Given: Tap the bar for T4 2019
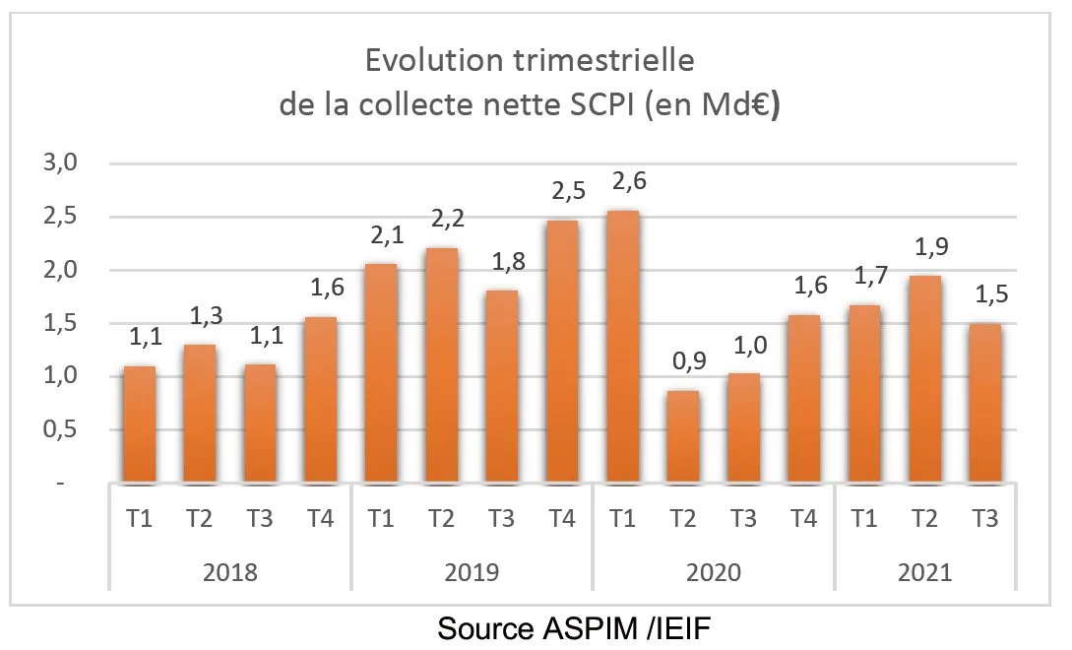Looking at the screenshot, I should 561,352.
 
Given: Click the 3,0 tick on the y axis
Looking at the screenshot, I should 60,163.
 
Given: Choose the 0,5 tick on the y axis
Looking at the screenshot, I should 60,430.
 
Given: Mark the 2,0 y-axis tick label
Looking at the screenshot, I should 60,271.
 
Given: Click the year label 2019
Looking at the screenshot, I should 472,572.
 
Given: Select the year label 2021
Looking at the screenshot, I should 924,572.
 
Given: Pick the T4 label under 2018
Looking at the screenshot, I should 321,519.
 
